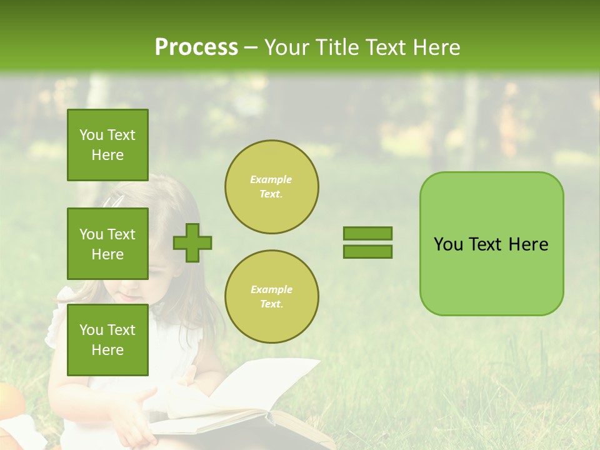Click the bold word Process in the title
[196, 47]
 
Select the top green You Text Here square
[107, 145]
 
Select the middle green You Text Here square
[107, 244]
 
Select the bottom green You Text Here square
[107, 339]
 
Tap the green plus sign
[192, 242]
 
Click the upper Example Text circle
[272, 187]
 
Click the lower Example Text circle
[272, 297]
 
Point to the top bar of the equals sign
[367, 233]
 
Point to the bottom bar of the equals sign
[367, 252]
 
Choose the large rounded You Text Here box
[491, 244]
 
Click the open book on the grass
[250, 406]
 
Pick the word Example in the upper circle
[271, 179]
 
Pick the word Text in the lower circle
[271, 304]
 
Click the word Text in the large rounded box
[485, 244]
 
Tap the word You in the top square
[91, 135]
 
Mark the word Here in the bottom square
[107, 350]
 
